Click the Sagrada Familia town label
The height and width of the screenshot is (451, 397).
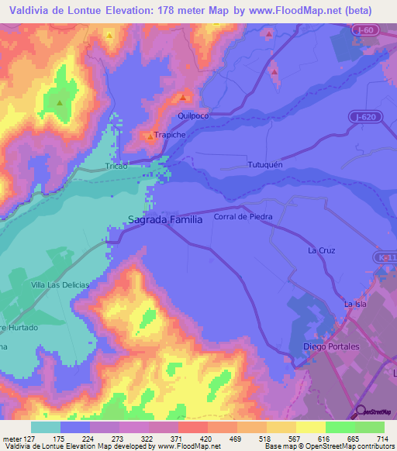coord(165,219)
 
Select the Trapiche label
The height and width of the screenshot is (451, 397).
coord(169,135)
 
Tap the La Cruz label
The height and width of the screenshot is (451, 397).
coord(321,250)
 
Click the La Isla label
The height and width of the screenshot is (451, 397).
coord(354,304)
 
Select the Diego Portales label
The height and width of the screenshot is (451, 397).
coord(330,346)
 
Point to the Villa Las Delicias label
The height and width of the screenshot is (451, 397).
coord(60,285)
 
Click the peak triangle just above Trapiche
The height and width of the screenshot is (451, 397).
coord(150,136)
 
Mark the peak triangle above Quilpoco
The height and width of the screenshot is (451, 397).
coord(183,98)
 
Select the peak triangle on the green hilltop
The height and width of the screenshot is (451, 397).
coord(59,101)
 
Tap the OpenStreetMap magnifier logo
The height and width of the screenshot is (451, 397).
coord(361,411)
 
